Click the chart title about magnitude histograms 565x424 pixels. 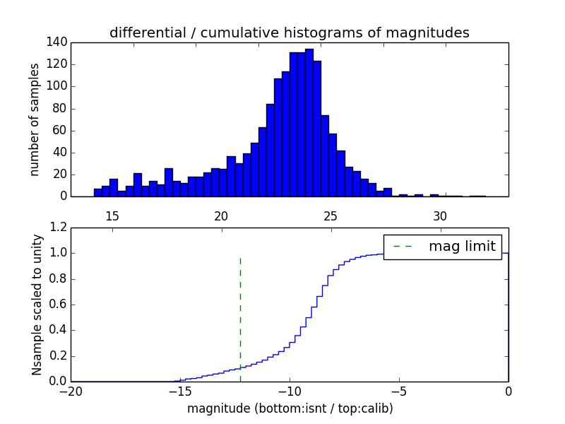click(x=290, y=33)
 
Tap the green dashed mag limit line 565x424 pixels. click(x=240, y=311)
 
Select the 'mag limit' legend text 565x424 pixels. click(x=462, y=247)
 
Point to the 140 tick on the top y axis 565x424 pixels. click(x=59, y=42)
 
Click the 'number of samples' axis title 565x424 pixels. click(x=35, y=119)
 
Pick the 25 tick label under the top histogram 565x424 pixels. click(x=331, y=216)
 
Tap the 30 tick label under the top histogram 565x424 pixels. click(x=440, y=216)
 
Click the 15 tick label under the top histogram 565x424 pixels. click(x=112, y=216)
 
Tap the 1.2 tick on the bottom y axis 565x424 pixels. click(x=59, y=228)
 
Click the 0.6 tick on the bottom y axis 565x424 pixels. click(x=59, y=305)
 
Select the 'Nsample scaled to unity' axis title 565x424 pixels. click(x=37, y=305)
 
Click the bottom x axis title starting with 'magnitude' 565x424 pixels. click(x=290, y=408)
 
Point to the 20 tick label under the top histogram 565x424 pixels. click(x=221, y=216)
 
